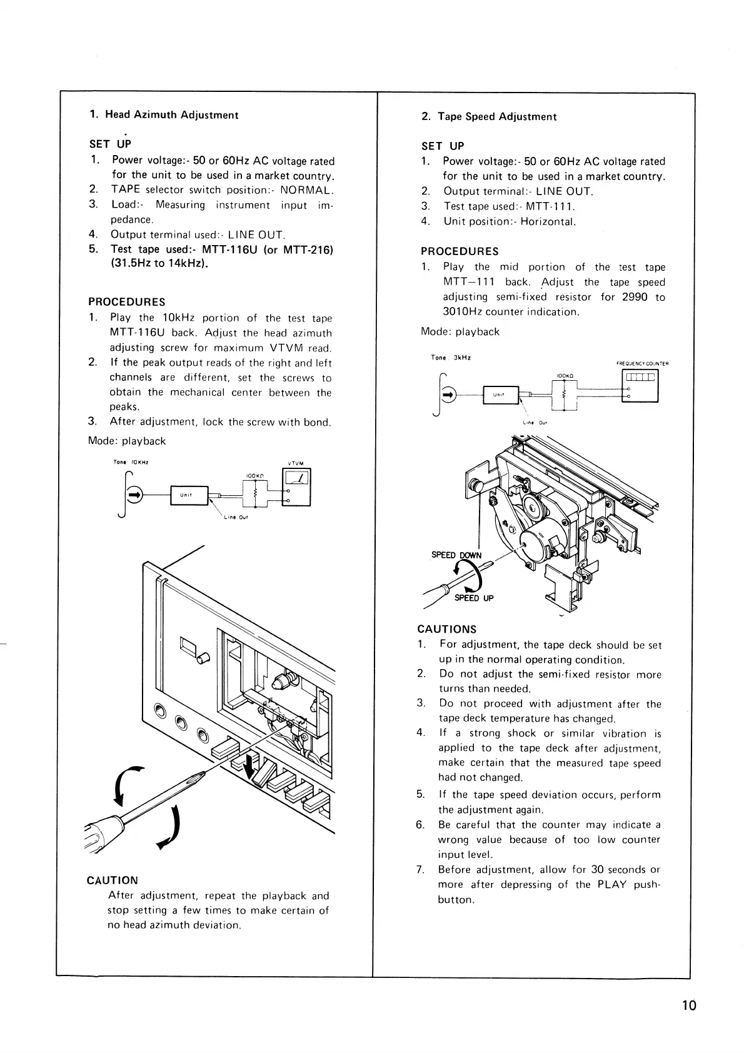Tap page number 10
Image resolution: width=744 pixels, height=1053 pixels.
[688, 1005]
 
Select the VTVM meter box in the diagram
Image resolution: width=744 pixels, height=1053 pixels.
[297, 488]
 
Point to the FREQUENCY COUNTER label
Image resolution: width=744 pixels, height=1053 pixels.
[642, 363]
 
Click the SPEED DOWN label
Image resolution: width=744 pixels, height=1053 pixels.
[456, 555]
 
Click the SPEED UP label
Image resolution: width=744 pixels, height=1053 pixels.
[474, 598]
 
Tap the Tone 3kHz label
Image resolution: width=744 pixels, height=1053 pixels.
[450, 358]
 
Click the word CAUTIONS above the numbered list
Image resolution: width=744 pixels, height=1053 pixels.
[446, 630]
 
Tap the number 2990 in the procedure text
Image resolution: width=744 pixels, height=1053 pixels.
[635, 298]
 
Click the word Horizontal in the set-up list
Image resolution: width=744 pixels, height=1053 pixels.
[548, 222]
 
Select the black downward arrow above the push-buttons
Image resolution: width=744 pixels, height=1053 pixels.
[251, 767]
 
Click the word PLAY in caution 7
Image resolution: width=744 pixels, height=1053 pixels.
[611, 885]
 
